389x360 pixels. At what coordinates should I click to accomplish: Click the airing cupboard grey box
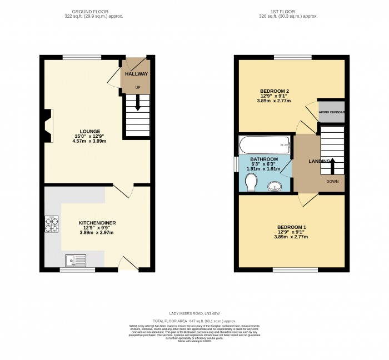[332, 112]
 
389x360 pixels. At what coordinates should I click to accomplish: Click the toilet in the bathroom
[251, 181]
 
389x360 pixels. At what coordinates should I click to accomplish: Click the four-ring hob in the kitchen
[52, 224]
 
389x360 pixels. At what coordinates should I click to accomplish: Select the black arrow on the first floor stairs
[332, 164]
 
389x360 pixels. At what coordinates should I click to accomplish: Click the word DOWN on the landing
[332, 182]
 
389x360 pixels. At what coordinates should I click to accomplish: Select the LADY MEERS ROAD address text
[194, 314]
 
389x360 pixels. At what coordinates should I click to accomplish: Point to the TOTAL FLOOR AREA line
[194, 321]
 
